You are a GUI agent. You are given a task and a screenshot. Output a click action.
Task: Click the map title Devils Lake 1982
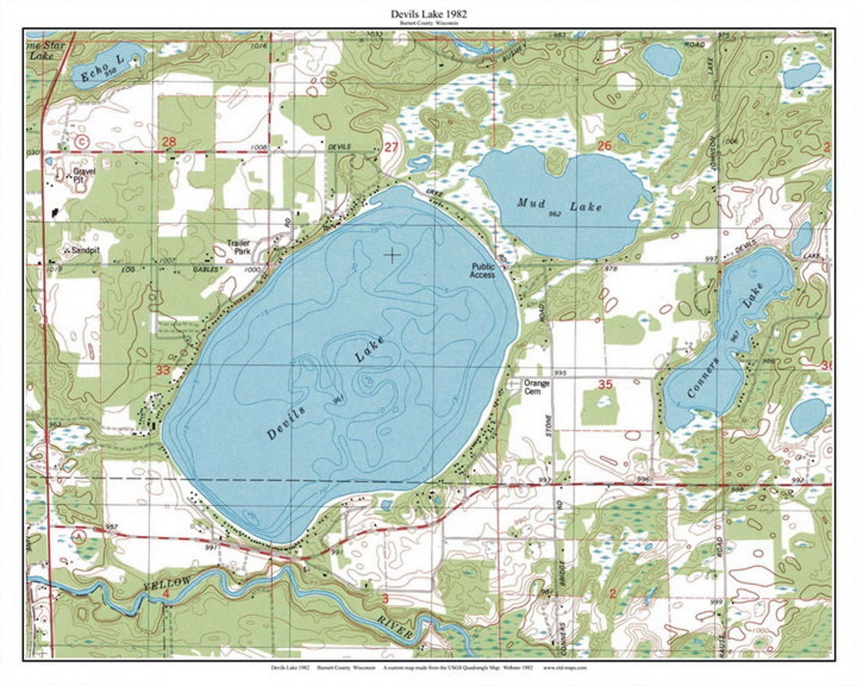(428, 13)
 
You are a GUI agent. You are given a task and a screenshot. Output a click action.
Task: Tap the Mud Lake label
(559, 206)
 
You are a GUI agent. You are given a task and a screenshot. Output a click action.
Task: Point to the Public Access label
(482, 271)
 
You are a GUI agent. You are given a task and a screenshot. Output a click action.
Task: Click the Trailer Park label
(238, 248)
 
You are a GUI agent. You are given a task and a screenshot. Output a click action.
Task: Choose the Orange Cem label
(536, 387)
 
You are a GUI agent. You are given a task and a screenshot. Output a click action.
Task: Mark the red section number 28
(168, 141)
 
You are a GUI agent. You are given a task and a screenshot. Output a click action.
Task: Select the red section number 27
(390, 148)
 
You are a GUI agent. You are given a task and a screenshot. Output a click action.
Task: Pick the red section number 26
(605, 145)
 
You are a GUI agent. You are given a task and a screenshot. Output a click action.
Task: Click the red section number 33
(163, 370)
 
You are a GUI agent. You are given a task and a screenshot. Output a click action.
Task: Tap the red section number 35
(605, 384)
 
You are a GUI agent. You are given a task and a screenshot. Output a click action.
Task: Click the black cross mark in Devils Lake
(391, 254)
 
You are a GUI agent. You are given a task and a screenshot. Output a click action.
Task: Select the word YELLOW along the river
(167, 584)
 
